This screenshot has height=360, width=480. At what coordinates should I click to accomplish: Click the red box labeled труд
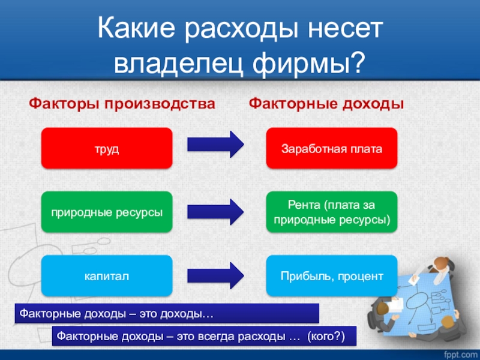tap(106, 148)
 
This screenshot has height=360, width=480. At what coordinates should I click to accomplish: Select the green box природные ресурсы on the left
tap(106, 212)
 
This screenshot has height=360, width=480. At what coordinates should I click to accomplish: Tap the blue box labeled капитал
tap(106, 275)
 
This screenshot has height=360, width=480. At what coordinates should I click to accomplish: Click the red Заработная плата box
tap(331, 148)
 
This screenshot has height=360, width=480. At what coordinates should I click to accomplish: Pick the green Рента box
tap(331, 212)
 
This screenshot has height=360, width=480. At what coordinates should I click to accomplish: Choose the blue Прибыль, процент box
tap(331, 275)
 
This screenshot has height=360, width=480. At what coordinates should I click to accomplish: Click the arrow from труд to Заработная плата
tap(215, 145)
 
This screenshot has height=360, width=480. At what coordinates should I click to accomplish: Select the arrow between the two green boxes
tap(215, 210)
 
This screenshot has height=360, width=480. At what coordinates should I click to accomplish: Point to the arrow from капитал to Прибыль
tap(215, 274)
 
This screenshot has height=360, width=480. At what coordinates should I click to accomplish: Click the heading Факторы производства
tap(122, 104)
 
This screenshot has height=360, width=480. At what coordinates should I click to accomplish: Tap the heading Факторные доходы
tap(326, 104)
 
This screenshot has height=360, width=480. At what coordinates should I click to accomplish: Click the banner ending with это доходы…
tap(167, 313)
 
